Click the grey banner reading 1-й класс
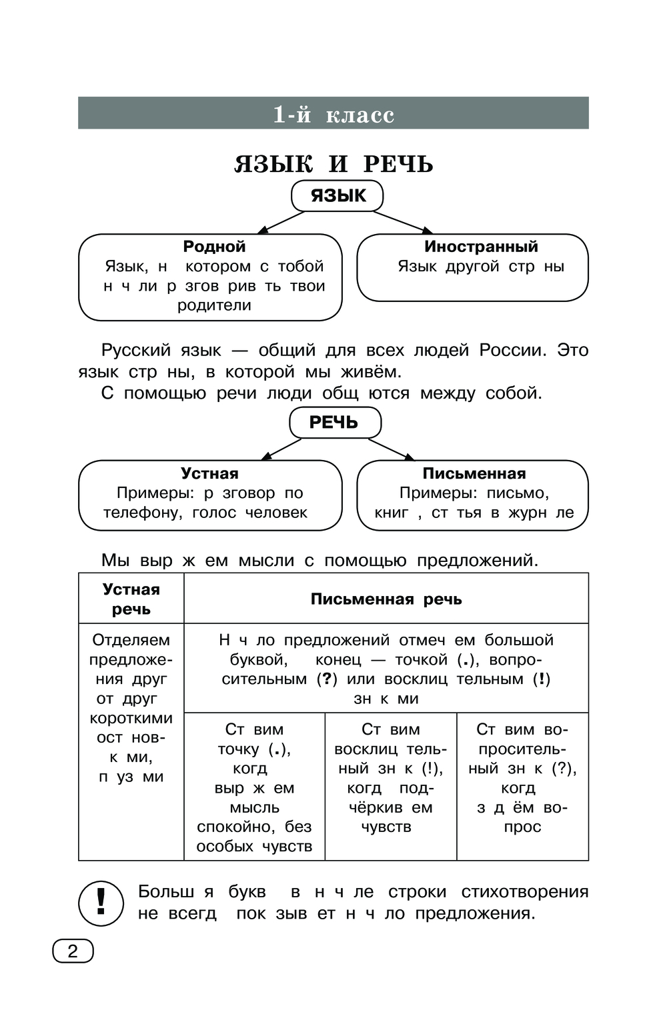click(x=333, y=113)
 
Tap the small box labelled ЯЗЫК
click(x=338, y=196)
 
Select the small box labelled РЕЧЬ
click(x=334, y=423)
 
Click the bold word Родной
click(x=214, y=247)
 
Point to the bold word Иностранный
click(x=481, y=247)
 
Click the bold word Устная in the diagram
click(x=209, y=473)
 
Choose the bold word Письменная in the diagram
click(x=474, y=473)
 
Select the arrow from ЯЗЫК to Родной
click(x=281, y=223)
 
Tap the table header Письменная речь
click(x=386, y=599)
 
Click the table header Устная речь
click(x=131, y=599)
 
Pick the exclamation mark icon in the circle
click(x=101, y=903)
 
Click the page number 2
click(x=73, y=951)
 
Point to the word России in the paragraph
click(x=512, y=351)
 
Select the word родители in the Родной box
click(x=214, y=305)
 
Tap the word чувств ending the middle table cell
click(x=386, y=827)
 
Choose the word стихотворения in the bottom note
click(x=525, y=892)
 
